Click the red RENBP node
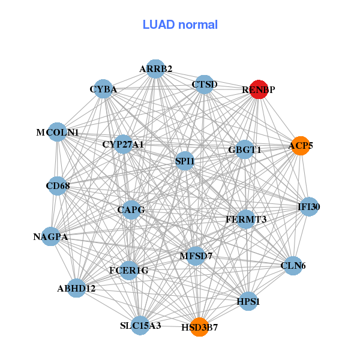(259, 89)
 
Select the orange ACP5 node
(300, 145)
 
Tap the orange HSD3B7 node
(199, 327)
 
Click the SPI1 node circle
(184, 161)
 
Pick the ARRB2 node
(155, 69)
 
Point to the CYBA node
(103, 89)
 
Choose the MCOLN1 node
(57, 132)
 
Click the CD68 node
(58, 186)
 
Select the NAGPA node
(50, 237)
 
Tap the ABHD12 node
(76, 289)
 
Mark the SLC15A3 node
(140, 326)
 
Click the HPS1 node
(248, 302)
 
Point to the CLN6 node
(293, 265)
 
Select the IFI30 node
(309, 207)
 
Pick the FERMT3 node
(245, 219)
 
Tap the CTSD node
(205, 85)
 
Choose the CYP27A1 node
(123, 144)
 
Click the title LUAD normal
(180, 25)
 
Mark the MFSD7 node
(196, 256)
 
